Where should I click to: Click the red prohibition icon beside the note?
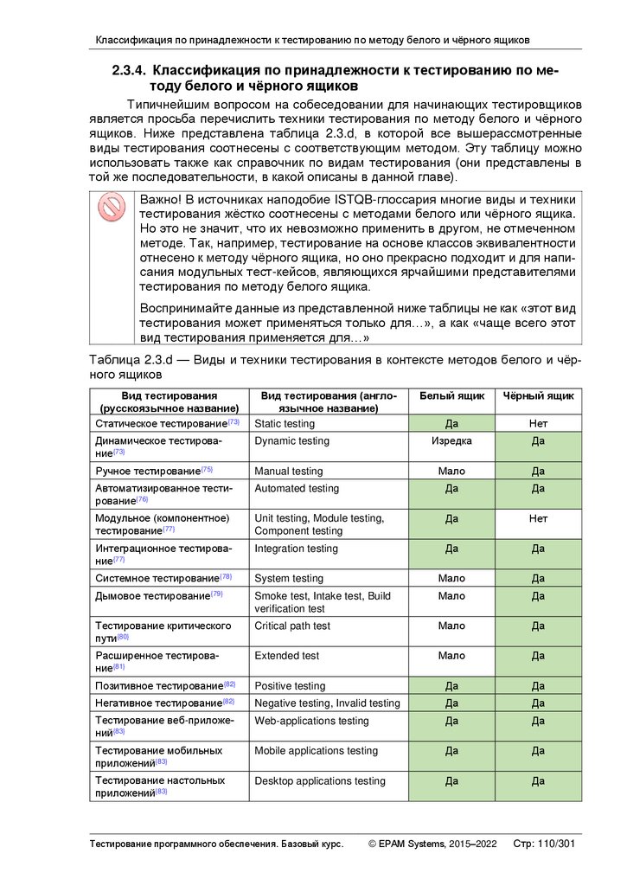112,208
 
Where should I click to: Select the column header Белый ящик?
451,395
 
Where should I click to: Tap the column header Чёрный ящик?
538,395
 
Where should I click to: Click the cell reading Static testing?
285,424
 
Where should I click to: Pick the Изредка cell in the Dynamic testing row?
451,441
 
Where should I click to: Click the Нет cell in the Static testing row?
538,424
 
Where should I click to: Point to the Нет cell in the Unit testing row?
538,518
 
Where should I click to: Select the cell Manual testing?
288,472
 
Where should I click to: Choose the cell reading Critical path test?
292,626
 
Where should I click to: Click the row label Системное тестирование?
157,578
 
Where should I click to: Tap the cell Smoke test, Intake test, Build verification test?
322,602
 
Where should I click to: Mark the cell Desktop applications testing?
320,781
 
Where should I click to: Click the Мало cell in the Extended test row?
451,656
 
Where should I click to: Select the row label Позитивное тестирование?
158,686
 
